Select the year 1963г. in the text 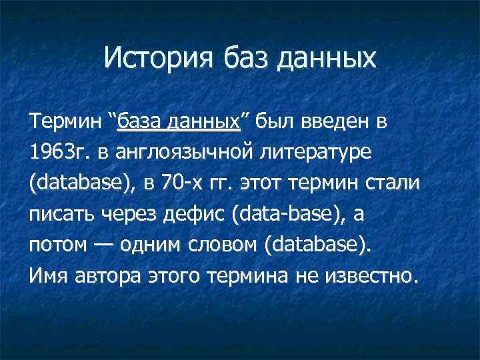pyautogui.click(x=57, y=153)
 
